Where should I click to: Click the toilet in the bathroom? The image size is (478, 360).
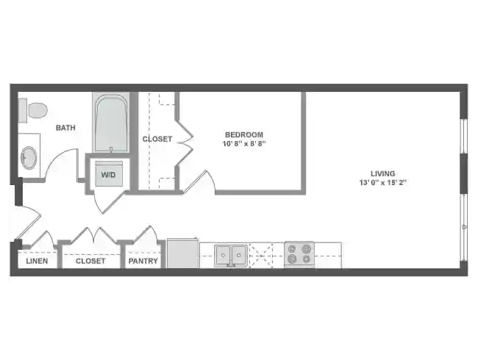pyautogui.click(x=34, y=111)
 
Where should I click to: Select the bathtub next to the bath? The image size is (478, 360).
pyautogui.click(x=112, y=124)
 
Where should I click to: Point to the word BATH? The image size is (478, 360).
pyautogui.click(x=65, y=128)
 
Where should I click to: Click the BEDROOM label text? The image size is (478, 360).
pyautogui.click(x=243, y=134)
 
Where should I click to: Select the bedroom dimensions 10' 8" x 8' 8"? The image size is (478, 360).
pyautogui.click(x=243, y=144)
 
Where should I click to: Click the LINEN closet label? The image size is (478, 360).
pyautogui.click(x=38, y=261)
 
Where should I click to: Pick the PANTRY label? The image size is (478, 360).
pyautogui.click(x=143, y=261)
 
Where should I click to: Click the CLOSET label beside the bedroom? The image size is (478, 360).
pyautogui.click(x=157, y=139)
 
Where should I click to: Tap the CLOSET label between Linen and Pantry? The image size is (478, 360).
pyautogui.click(x=90, y=261)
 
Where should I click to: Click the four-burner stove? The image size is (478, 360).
pyautogui.click(x=299, y=254)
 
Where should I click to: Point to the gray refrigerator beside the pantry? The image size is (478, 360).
pyautogui.click(x=182, y=253)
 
